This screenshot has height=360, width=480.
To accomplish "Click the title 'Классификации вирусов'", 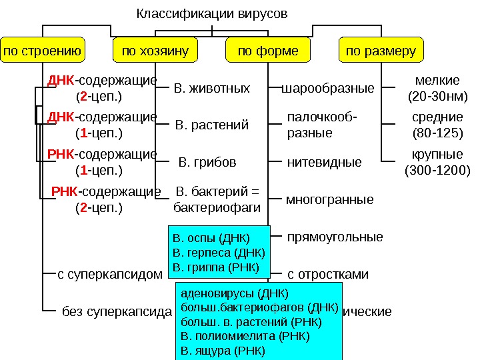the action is (212, 13).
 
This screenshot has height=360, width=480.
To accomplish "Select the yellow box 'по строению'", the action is (43, 51).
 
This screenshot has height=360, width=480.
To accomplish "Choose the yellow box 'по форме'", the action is (268, 51).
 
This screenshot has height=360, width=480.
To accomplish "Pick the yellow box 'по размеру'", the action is (381, 51).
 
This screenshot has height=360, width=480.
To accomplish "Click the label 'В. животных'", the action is (211, 88).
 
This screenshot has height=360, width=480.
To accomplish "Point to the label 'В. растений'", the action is (211, 125).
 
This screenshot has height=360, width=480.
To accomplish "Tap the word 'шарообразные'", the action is (329, 88).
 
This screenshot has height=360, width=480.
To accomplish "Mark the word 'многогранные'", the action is (329, 199).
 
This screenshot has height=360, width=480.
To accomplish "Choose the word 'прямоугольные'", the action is (335, 237).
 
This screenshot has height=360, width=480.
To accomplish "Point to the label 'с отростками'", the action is (327, 274).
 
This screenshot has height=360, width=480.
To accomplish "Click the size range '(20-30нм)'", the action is (437, 97).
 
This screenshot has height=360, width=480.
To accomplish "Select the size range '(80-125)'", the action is (437, 133).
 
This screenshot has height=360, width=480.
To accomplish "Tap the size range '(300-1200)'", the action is (437, 170).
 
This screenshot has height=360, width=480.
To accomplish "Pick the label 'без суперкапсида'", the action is (117, 311).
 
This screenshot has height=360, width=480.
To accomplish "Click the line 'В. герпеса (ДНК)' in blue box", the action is (218, 253).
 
